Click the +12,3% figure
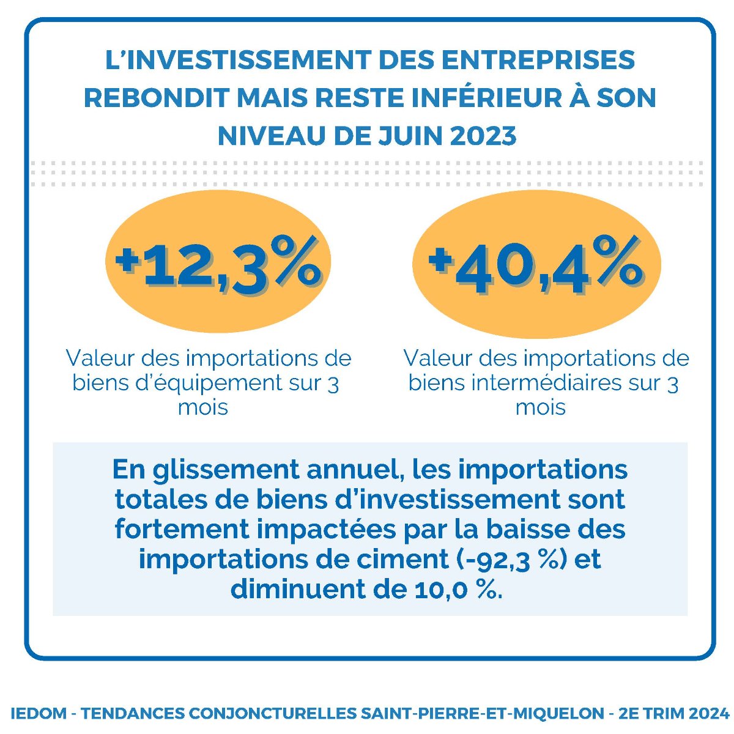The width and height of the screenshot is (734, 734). (218, 264)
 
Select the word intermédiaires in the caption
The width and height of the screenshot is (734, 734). (549, 384)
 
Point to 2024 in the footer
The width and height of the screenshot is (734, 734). (710, 714)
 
